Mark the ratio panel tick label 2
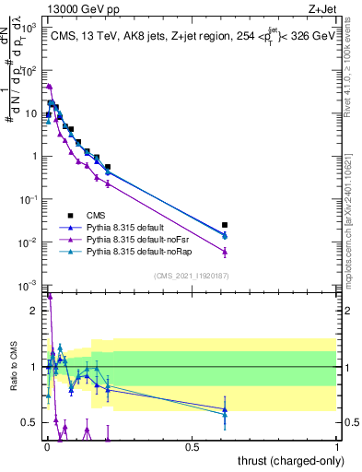click(x=34, y=311)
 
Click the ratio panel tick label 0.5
click(x=30, y=422)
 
